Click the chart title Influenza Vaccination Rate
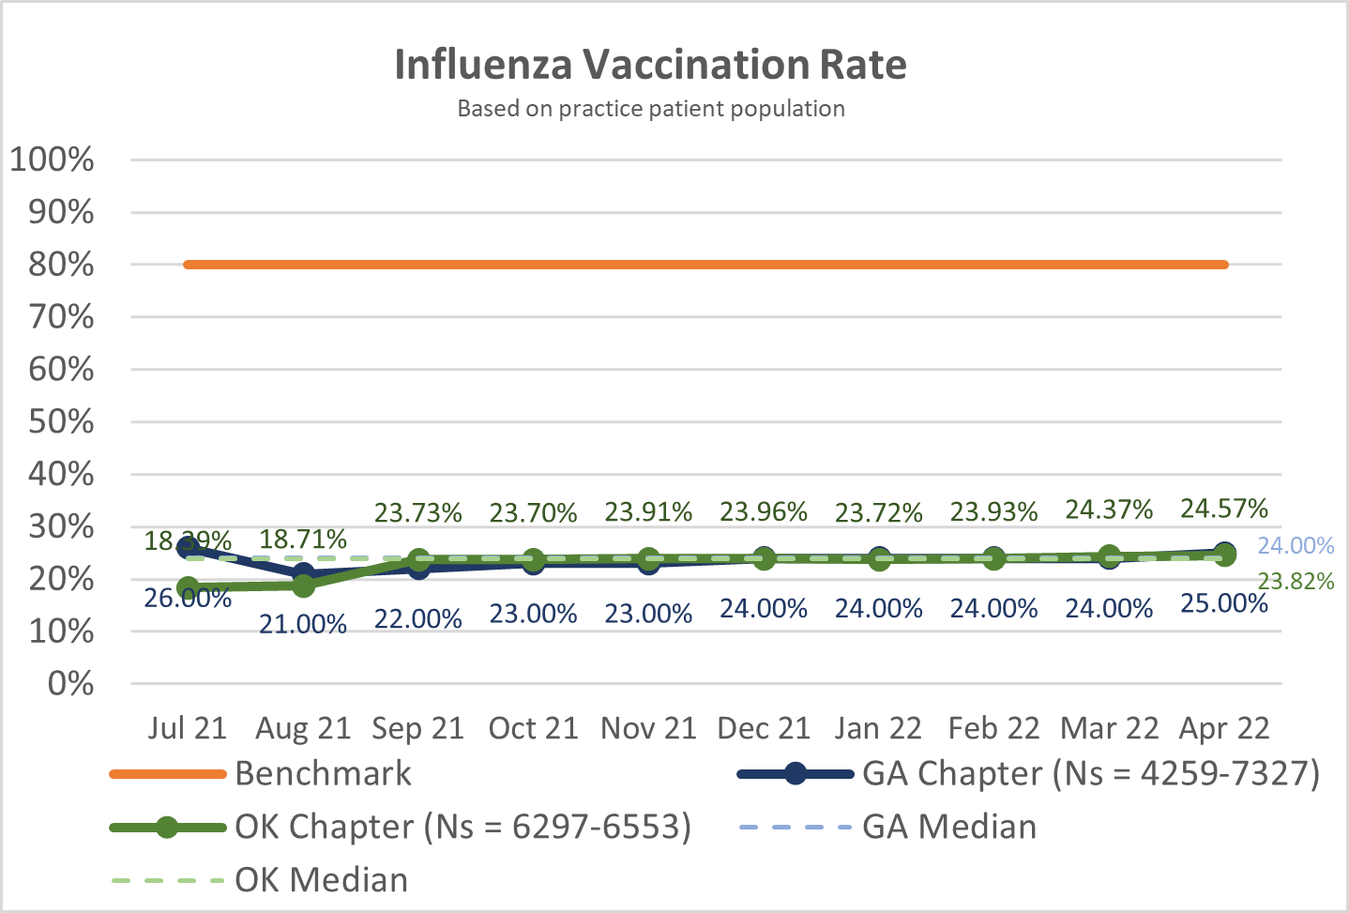pos(650,65)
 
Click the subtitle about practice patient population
pos(651,109)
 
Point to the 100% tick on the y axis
pos(53,160)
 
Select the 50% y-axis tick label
pos(61,421)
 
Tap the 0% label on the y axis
pos(70,683)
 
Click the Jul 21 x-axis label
pos(188,728)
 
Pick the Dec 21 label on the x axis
pos(764,728)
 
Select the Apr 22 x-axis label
pos(1224,728)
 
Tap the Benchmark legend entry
pos(323,773)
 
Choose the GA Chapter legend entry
pos(1090,773)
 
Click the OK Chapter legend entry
pos(462,827)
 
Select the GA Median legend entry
pos(949,827)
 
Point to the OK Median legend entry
pos(321,880)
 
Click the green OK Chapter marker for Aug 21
pos(303,585)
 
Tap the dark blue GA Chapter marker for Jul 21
pos(189,547)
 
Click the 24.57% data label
pos(1224,509)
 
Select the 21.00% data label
pos(303,624)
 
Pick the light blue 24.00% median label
pos(1296,546)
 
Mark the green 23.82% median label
pos(1296,582)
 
